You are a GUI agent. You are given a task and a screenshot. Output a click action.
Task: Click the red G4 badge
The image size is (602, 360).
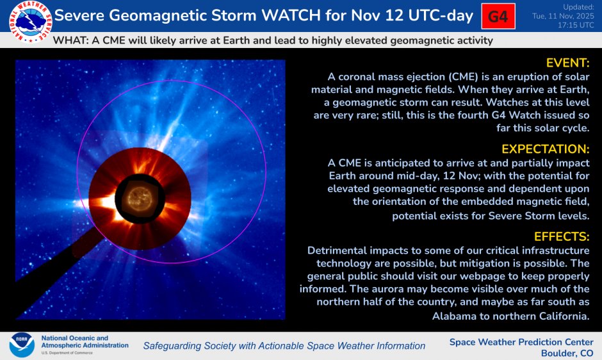(498, 17)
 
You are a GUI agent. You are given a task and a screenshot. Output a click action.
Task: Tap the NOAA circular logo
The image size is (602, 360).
(21, 345)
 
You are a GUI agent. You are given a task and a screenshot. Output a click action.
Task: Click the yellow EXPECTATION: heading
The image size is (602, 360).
(545, 149)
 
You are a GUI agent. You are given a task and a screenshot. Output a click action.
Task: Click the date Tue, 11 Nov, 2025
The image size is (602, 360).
(563, 16)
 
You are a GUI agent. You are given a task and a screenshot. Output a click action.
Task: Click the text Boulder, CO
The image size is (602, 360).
(567, 353)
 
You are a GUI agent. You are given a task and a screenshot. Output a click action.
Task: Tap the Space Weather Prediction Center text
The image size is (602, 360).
(521, 341)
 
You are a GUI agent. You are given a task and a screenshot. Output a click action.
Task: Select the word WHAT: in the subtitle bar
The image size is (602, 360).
(69, 40)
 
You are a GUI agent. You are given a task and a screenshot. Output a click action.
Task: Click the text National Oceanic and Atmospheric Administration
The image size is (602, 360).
(84, 341)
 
